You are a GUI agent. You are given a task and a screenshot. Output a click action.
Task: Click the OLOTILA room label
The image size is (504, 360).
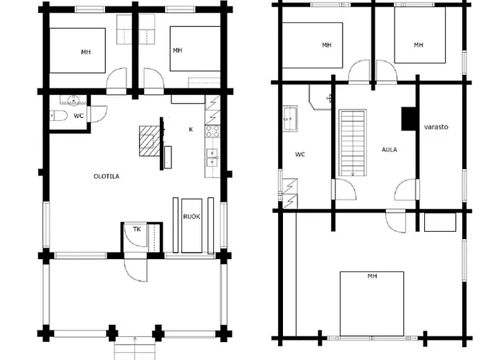point(107,176)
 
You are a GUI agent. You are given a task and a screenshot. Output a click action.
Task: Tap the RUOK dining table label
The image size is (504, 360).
point(192,217)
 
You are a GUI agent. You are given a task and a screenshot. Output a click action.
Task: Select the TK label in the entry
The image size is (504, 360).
point(137,229)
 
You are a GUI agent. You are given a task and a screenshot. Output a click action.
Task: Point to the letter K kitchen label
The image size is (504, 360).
point(191,129)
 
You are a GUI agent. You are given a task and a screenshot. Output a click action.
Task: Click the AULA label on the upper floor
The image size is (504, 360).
point(390,150)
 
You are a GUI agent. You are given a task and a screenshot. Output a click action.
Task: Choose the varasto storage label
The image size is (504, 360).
point(436,127)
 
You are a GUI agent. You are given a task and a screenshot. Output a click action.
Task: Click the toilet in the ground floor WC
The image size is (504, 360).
point(58,115)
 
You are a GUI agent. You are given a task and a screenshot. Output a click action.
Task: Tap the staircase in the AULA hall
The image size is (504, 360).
point(353,143)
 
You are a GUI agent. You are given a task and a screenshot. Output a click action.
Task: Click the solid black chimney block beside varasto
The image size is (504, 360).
point(409,119)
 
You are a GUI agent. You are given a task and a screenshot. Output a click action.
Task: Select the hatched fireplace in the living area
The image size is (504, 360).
point(150,141)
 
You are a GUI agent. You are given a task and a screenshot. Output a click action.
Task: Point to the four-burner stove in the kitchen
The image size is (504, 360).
point(212,131)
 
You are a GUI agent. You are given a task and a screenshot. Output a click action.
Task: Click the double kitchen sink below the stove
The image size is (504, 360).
point(212,158)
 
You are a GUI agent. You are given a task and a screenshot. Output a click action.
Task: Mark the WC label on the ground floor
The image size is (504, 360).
point(78,116)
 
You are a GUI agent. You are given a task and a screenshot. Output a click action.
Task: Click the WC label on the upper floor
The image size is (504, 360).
point(300,155)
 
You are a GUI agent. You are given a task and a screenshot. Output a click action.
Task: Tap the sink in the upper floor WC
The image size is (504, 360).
point(289,119)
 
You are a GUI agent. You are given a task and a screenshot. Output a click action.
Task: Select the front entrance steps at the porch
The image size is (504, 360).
point(135,348)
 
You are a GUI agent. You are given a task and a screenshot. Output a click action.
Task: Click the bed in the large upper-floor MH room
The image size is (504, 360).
point(372,304)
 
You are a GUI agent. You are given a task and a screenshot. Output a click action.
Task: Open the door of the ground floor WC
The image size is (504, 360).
point(97,114)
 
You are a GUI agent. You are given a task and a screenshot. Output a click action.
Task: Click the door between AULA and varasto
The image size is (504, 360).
point(407,189)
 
